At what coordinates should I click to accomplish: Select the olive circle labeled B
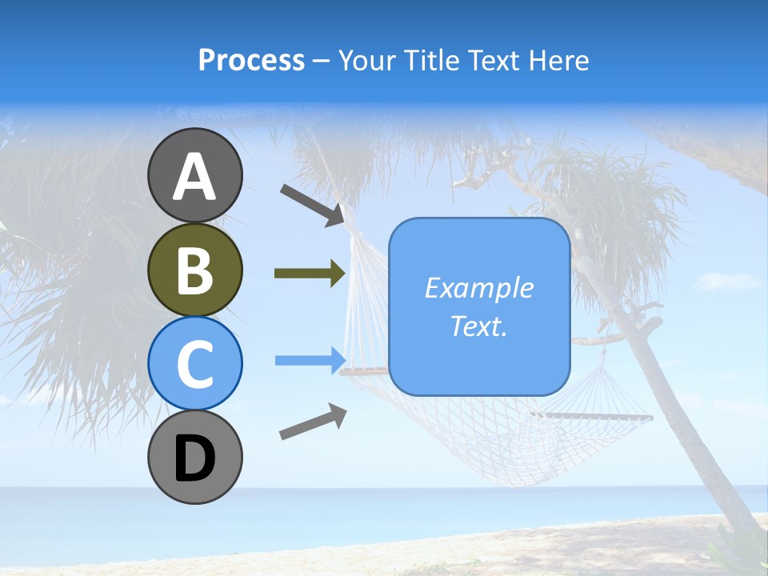[195, 270]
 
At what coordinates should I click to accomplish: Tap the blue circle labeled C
[195, 363]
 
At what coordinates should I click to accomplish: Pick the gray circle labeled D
[195, 457]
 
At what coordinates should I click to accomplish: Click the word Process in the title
[251, 60]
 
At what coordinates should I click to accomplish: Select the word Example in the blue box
[479, 288]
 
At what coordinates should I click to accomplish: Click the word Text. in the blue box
[479, 326]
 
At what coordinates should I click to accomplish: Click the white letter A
[195, 177]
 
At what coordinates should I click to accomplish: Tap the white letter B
[195, 271]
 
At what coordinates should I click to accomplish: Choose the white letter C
[195, 365]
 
